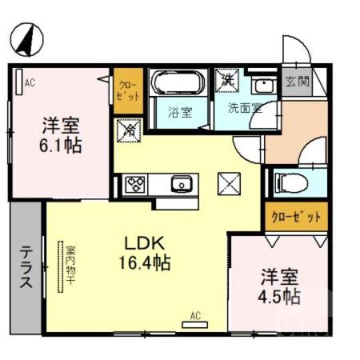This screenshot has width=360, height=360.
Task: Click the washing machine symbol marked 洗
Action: point(227,79)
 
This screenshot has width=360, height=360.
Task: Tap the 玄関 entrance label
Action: point(297,82)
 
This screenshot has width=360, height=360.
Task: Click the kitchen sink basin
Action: point(180,184)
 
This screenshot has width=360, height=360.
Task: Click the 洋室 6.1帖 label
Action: point(62,135)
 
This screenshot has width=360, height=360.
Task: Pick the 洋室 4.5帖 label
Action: point(279,285)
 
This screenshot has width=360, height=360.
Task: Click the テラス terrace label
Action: point(26,267)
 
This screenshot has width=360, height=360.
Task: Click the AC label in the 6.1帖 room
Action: point(29,83)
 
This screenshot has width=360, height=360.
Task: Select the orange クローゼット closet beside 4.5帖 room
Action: point(296,217)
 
